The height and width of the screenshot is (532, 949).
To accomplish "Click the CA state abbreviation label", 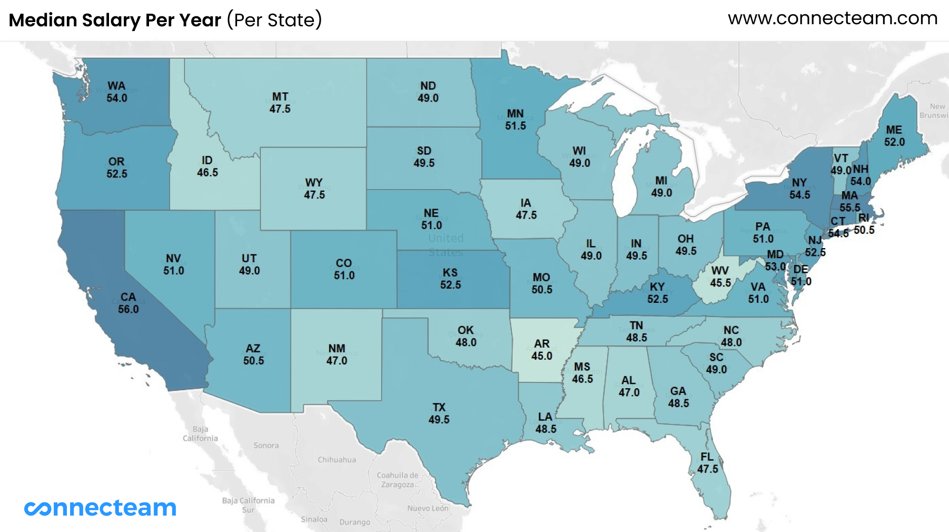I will tap(128, 297).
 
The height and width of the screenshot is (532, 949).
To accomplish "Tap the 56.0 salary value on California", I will tap(128, 309).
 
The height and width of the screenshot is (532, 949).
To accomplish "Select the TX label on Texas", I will tap(439, 407).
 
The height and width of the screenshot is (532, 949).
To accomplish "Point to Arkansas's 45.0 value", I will tap(541, 356).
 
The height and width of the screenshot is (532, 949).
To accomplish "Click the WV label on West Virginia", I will tap(720, 271).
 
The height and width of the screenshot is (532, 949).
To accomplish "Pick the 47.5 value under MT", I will tap(280, 109).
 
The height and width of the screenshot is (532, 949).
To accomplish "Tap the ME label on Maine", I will tap(894, 130).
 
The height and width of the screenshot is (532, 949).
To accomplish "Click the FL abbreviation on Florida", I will tap(707, 457).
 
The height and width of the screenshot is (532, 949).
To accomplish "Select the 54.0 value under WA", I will tap(116, 98).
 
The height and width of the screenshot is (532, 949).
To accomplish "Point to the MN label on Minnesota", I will tap(515, 113).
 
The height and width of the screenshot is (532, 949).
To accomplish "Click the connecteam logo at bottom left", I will tap(100, 508).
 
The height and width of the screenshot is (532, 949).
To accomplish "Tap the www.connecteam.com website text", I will tap(832, 18).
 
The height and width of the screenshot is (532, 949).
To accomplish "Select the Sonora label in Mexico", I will tap(266, 445).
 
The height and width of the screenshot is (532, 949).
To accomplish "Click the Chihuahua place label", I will tap(337, 459).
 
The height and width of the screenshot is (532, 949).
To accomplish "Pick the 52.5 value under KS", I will tap(450, 285).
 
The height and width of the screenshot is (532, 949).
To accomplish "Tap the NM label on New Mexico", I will tap(337, 348).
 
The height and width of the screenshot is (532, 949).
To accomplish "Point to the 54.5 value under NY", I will tap(799, 195).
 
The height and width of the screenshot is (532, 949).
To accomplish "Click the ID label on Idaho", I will tap(207, 160).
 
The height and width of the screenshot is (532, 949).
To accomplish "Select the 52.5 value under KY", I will tap(657, 299).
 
